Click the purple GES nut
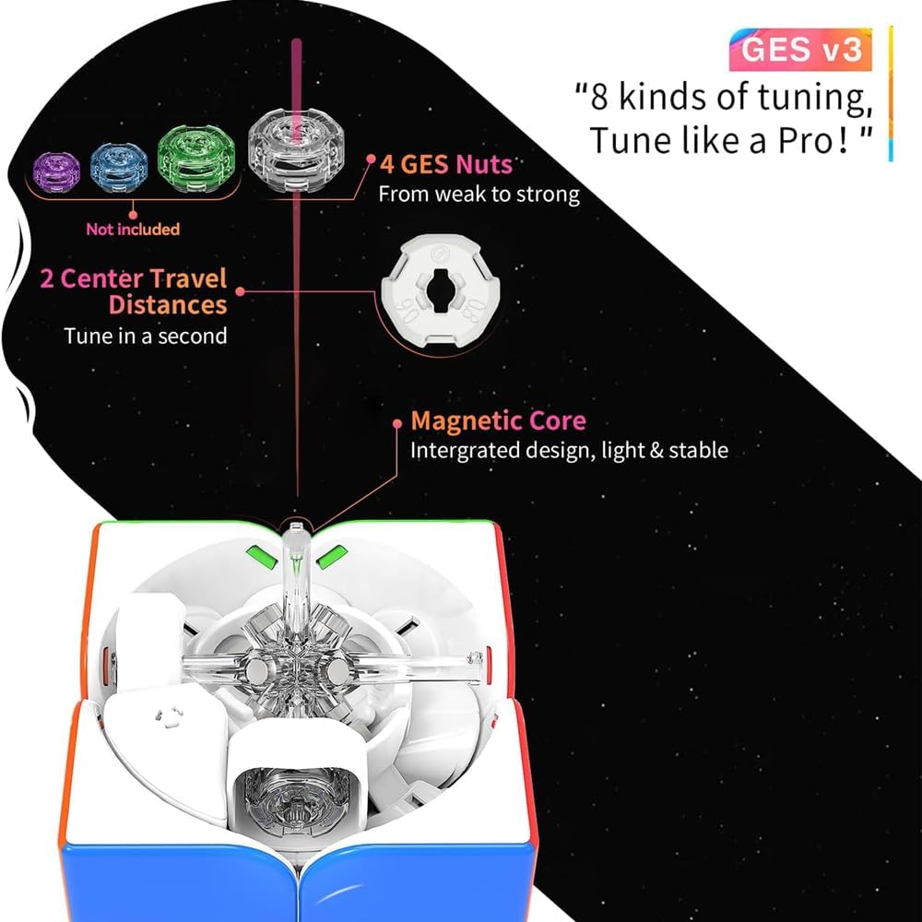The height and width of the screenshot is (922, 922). click(56, 171)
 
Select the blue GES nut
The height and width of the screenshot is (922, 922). click(119, 168)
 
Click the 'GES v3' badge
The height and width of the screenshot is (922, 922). click(800, 50)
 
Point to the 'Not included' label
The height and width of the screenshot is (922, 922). click(133, 230)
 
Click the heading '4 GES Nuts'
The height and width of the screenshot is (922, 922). click(445, 165)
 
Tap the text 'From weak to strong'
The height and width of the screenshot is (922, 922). click(479, 194)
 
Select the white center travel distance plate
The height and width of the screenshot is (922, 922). click(441, 293)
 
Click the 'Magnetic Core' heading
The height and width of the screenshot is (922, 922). click(498, 421)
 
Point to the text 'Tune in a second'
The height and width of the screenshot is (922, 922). click(146, 336)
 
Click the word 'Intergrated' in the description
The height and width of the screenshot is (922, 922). click(464, 451)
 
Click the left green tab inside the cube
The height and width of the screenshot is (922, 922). click(262, 557)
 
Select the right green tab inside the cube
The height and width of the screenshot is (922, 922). click(332, 557)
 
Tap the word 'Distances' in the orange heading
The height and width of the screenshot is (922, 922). click(168, 305)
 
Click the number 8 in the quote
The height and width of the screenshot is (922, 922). click(598, 97)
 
